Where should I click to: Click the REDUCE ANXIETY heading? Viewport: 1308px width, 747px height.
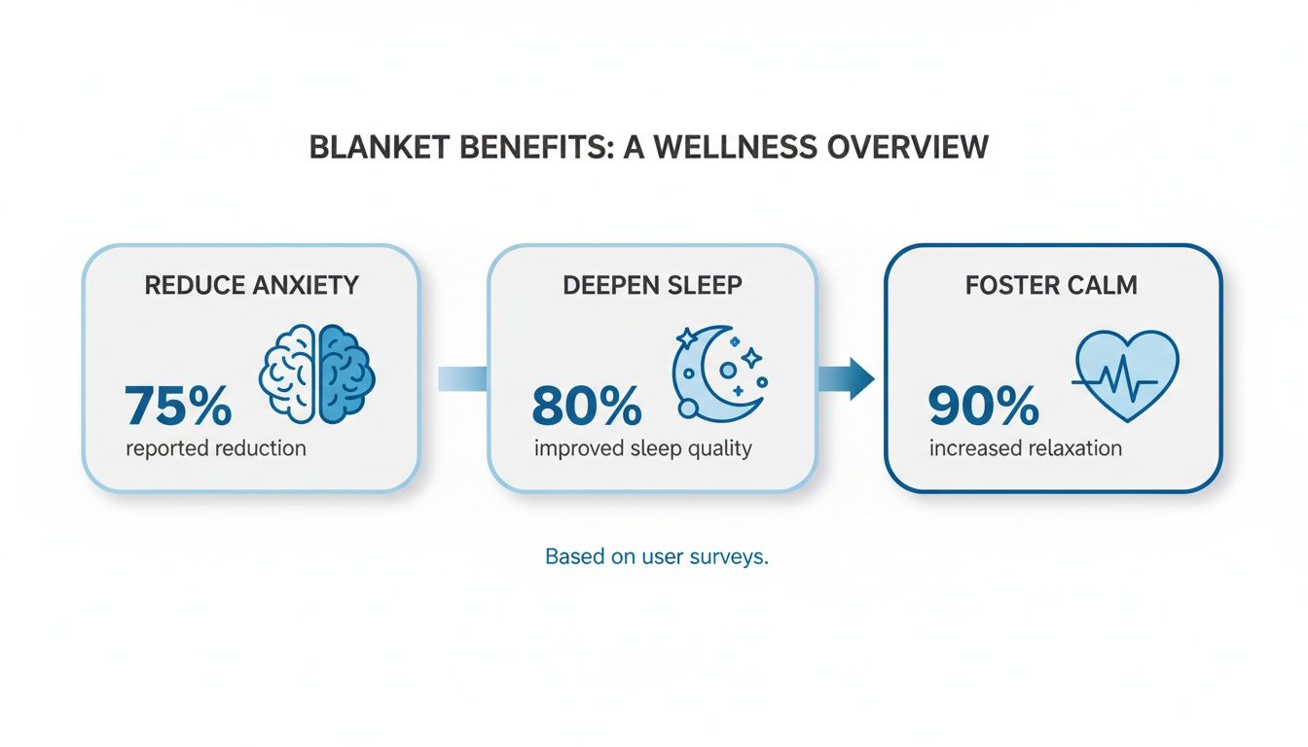(x=251, y=285)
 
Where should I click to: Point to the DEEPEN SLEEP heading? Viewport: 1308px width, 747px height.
(x=652, y=285)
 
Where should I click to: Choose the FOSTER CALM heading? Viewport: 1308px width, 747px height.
(x=1051, y=287)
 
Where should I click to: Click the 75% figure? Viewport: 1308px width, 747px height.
(x=178, y=407)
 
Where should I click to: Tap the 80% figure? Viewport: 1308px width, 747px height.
(x=587, y=407)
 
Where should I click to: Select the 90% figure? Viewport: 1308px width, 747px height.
(x=983, y=407)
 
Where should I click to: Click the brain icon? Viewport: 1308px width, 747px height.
(x=317, y=373)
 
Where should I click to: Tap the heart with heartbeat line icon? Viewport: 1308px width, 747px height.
(x=1126, y=375)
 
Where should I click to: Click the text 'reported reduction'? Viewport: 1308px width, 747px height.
(x=215, y=448)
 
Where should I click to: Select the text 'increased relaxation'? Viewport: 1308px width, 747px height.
(x=1025, y=448)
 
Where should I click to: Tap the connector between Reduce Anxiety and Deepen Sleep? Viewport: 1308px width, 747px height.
(x=461, y=378)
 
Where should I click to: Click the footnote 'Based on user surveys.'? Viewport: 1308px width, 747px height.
(x=657, y=557)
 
